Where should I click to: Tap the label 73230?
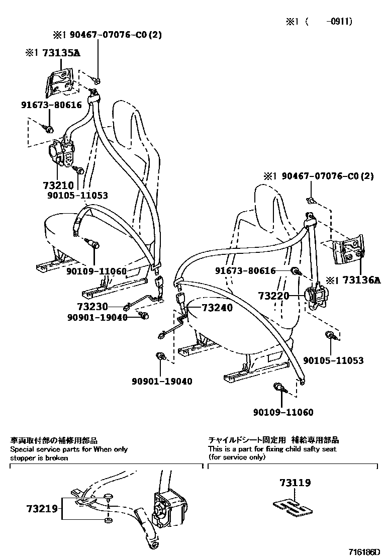pos(93,306)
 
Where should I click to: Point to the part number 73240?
pos(218,308)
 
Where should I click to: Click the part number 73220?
pos(274,296)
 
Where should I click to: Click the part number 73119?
pos(295,483)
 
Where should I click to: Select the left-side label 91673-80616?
pos(51,105)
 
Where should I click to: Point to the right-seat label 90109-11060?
pos(282,413)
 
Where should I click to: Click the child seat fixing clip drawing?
pos(292,508)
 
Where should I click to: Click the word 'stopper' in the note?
pos(23,458)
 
